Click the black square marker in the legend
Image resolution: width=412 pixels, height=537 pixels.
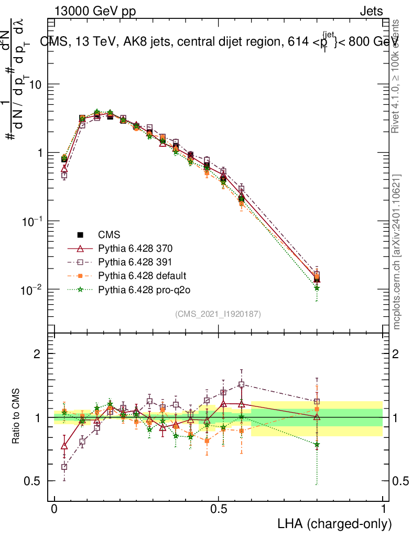tap(80, 234)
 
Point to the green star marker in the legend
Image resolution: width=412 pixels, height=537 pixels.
tap(80, 289)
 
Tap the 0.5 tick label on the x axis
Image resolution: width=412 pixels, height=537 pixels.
tap(219, 509)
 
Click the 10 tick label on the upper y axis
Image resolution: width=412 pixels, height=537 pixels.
tap(35, 84)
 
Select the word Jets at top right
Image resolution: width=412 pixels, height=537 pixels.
tap(371, 11)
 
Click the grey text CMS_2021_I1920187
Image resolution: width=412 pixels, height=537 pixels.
tap(218, 314)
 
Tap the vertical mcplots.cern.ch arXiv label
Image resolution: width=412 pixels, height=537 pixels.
tap(397, 252)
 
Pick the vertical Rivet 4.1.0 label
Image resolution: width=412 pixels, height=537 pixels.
tap(396, 76)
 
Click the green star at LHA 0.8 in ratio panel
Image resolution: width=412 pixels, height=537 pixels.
tap(317, 445)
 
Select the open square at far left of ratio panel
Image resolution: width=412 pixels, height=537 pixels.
tap(64, 467)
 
